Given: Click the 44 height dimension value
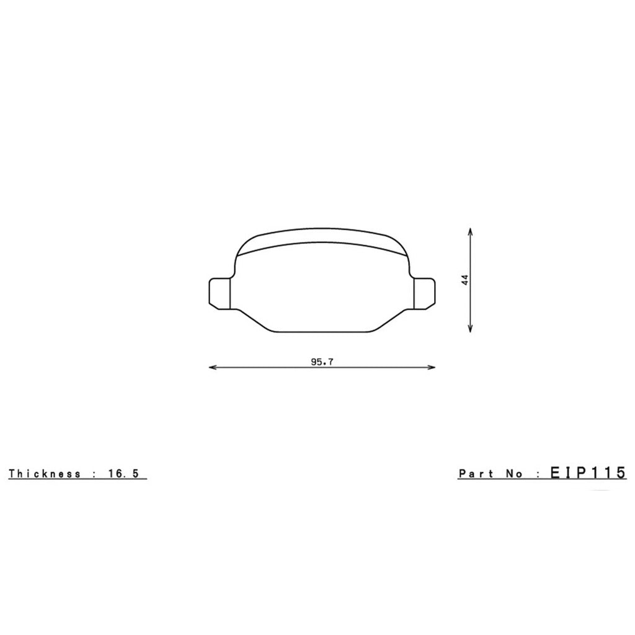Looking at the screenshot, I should [x=465, y=280].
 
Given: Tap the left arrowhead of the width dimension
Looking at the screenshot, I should [x=212, y=368].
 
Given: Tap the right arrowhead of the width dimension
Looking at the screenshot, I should [x=432, y=368].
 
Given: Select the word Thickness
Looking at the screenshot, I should [x=45, y=474].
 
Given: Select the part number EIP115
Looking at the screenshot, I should [x=588, y=473].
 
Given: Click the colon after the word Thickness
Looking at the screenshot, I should [x=93, y=474].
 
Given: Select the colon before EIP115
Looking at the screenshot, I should [x=537, y=474].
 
